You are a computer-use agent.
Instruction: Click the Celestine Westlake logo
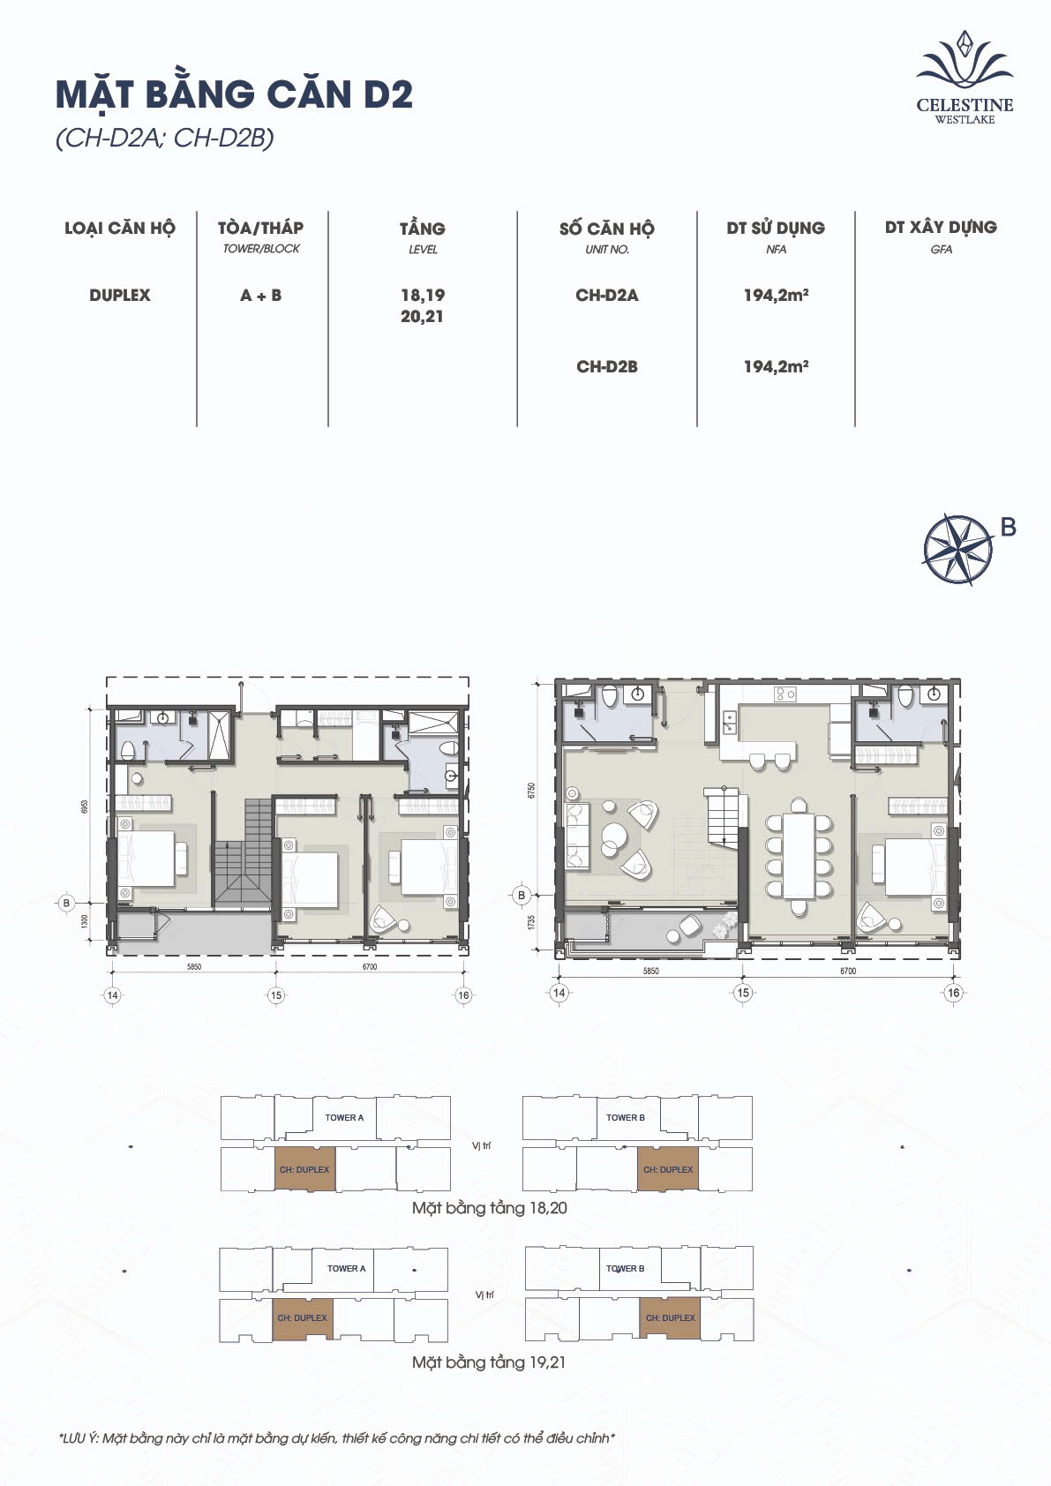click(965, 78)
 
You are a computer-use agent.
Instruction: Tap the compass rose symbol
click(958, 549)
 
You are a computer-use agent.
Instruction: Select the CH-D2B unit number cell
click(607, 367)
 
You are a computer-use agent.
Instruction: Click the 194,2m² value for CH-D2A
click(776, 296)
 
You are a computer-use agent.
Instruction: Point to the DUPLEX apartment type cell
click(120, 296)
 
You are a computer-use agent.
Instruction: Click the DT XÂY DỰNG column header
click(941, 228)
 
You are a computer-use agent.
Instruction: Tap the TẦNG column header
click(423, 229)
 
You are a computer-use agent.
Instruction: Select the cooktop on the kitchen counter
click(784, 694)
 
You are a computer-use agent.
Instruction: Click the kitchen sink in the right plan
click(729, 722)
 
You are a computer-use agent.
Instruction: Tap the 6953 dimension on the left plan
click(85, 807)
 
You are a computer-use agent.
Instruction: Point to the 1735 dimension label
click(531, 922)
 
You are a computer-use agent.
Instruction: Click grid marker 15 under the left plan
click(276, 995)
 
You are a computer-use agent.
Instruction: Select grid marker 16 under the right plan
click(953, 993)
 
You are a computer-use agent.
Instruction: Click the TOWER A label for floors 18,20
click(344, 1118)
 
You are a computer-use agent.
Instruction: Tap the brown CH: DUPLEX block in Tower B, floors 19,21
click(670, 1318)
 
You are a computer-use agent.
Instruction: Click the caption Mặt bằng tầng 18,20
click(490, 1208)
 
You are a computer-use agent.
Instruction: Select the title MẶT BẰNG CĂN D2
click(234, 94)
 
